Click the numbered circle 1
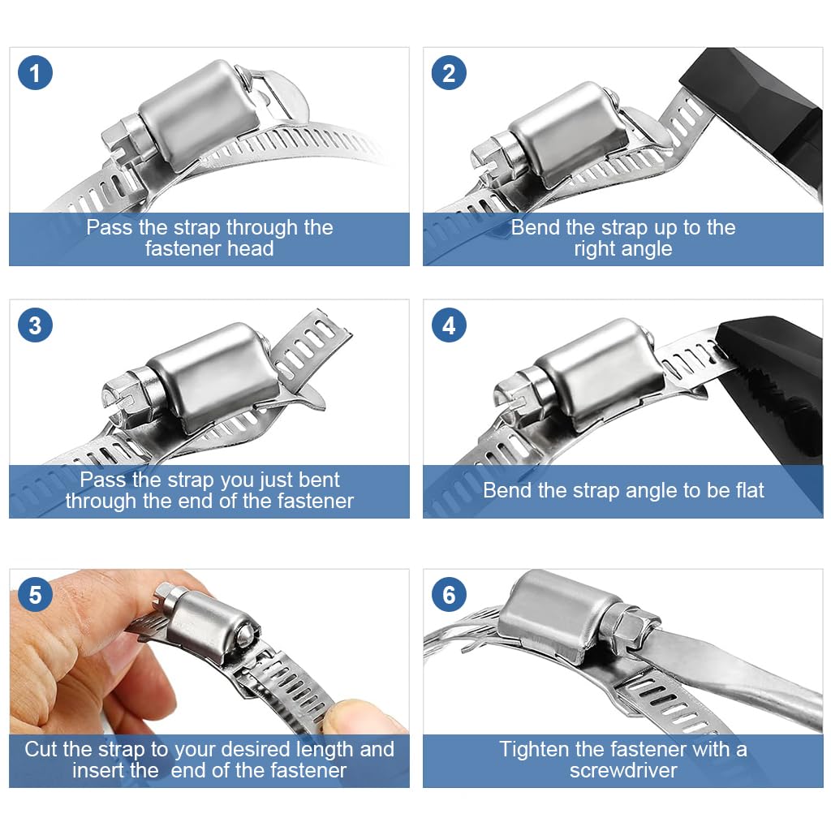(x=35, y=72)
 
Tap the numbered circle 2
(x=449, y=72)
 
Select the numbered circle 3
(x=35, y=325)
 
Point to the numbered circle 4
(x=449, y=325)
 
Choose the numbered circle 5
(x=35, y=594)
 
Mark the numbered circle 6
(x=449, y=594)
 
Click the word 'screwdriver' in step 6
(x=623, y=770)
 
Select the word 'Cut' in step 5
(x=41, y=749)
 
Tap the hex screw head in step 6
(x=629, y=626)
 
